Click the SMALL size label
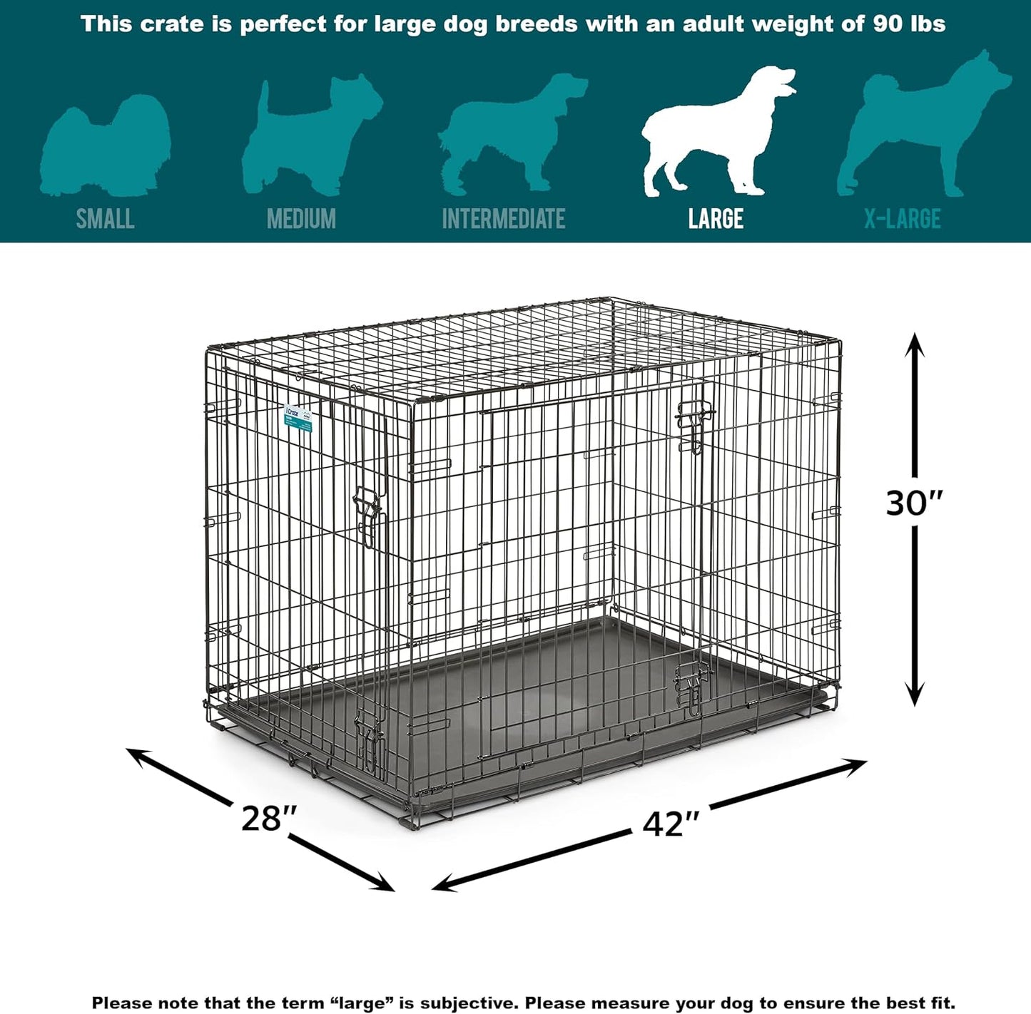click(x=105, y=219)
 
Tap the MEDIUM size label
click(x=301, y=219)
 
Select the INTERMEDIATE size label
click(x=503, y=219)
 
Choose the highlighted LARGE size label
click(x=716, y=219)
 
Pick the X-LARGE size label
click(x=903, y=219)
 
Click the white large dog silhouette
click(x=713, y=135)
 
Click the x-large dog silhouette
click(x=920, y=128)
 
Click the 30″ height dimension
click(x=914, y=503)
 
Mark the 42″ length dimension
click(x=671, y=824)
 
